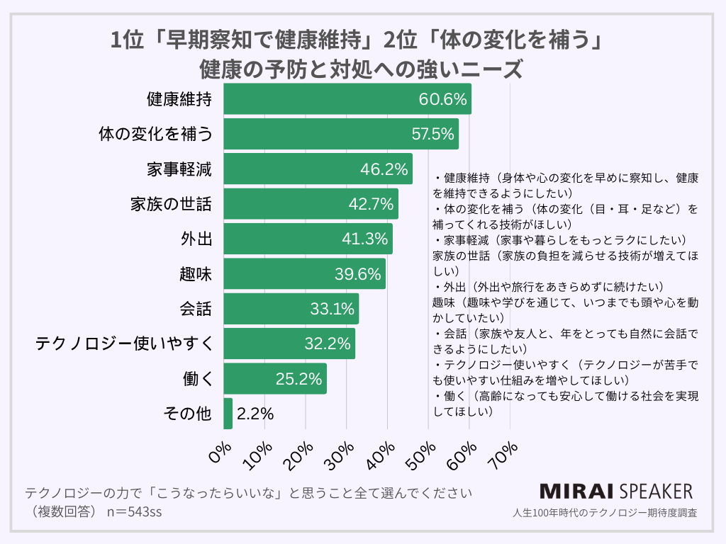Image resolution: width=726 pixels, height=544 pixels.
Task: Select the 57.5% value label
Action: pos(432,134)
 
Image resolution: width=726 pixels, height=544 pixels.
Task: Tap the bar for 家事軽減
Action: pos(318,169)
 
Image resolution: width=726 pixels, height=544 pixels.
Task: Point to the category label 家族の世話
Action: pos(171,204)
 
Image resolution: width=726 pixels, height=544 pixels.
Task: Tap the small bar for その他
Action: pos(228,414)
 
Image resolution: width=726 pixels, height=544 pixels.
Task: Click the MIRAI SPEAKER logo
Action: pos(616,492)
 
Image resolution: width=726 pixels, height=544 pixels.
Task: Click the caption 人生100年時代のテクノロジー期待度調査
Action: pos(603,512)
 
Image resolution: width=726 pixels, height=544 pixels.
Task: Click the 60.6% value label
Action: pos(444,99)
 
